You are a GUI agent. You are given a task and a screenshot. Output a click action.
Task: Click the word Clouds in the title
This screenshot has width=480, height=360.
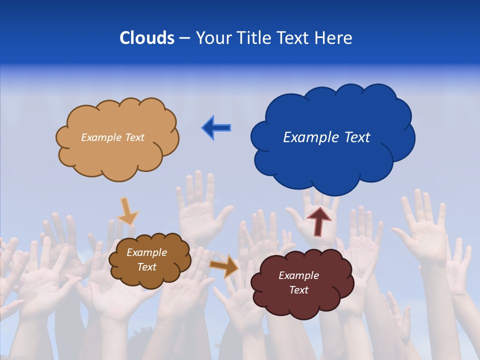click(147, 38)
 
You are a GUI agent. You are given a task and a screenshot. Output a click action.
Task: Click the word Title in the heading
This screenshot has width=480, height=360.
click(254, 38)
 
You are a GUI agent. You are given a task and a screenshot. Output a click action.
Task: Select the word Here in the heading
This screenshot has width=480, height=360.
click(333, 38)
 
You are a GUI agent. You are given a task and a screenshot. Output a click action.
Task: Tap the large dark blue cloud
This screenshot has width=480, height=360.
click(332, 160)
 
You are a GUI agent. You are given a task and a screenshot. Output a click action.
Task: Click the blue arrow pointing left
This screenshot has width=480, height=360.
click(216, 127)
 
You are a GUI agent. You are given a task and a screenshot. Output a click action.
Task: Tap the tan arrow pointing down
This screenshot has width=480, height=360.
click(127, 210)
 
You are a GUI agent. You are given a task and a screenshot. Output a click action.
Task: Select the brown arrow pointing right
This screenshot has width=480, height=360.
click(224, 265)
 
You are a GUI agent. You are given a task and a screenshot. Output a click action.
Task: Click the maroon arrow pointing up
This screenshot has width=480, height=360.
click(318, 221)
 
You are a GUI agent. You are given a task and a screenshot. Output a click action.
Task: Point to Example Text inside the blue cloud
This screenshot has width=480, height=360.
click(326, 137)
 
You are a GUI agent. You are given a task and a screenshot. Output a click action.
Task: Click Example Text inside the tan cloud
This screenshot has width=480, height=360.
click(112, 137)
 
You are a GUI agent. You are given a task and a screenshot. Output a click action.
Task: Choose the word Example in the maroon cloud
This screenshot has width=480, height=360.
click(298, 275)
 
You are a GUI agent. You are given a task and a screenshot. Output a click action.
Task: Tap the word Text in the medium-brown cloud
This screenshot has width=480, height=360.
click(146, 267)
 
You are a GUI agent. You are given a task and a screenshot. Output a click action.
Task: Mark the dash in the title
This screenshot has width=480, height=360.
click(184, 38)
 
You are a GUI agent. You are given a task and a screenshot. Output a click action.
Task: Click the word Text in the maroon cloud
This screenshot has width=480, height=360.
click(298, 290)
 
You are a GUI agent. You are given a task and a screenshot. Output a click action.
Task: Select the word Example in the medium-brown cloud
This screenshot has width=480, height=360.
click(146, 252)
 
